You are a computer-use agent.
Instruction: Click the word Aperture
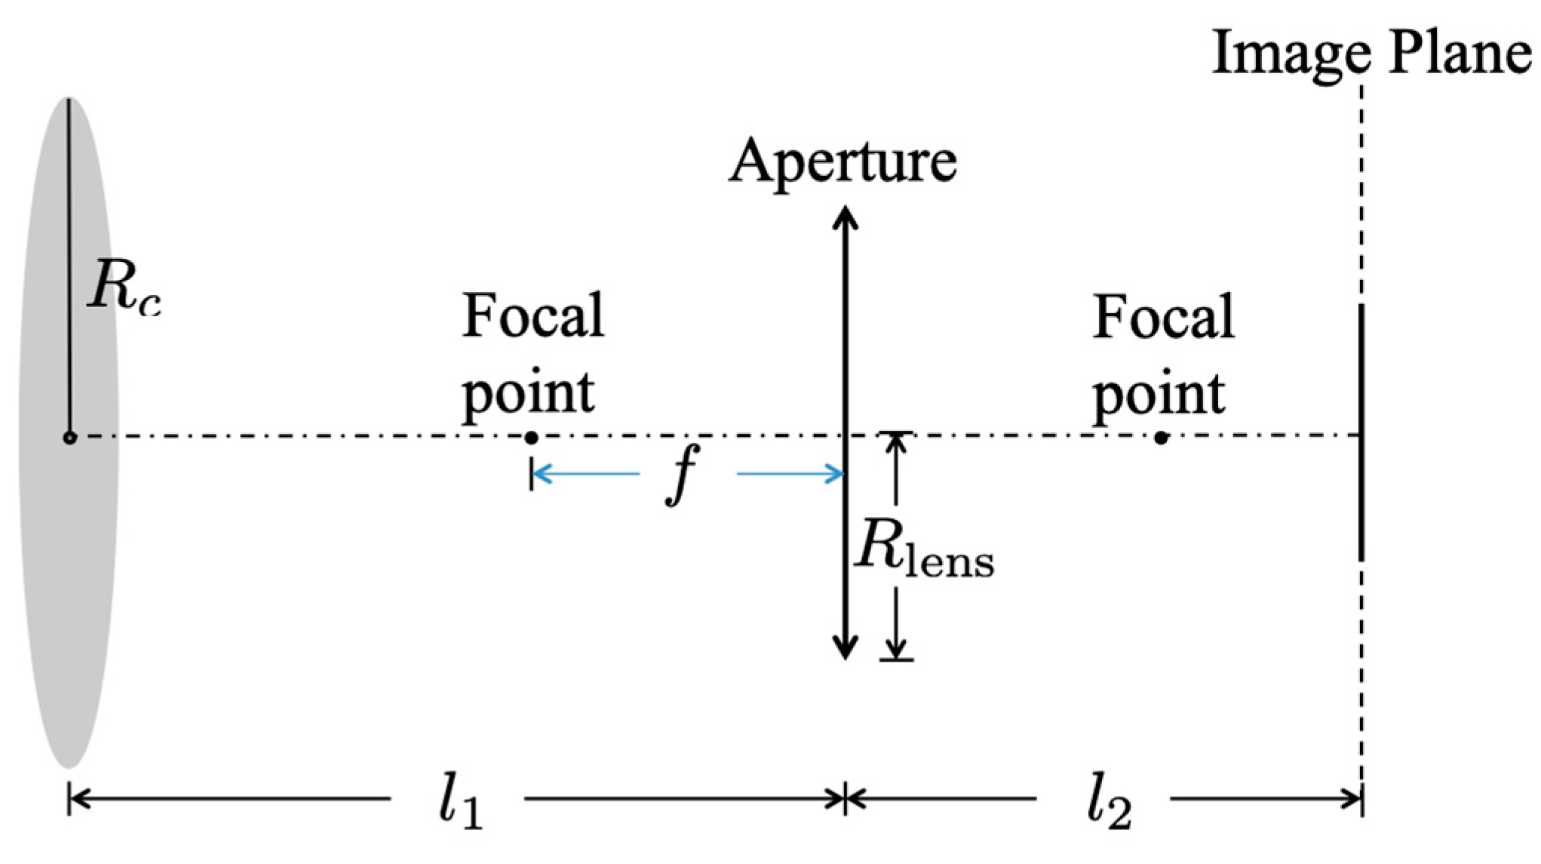coord(843,162)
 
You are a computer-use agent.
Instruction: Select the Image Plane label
coord(1371,53)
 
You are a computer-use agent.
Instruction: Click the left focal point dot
coord(531,438)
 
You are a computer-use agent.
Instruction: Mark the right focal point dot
coord(1161,438)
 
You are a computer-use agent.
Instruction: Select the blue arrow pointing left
coord(585,474)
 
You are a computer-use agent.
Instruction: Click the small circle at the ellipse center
coord(69,437)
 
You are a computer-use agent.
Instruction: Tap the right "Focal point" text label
coord(1162,355)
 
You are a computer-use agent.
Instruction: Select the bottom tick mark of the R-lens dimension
coord(896,660)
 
